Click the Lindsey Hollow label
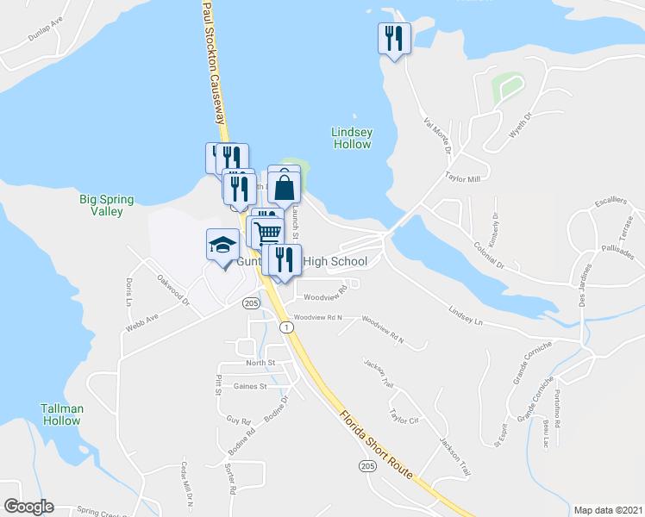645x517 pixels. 352,138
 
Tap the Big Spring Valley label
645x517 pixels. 107,205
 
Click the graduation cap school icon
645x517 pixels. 222,245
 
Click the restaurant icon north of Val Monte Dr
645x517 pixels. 395,38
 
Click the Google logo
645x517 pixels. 28,507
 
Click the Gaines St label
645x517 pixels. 251,387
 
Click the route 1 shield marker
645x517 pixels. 284,327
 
